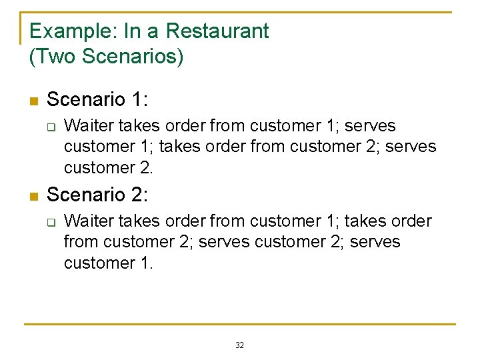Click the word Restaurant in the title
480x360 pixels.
pos(217,31)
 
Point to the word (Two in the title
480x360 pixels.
pos(53,57)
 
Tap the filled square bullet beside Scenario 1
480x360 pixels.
pos(34,101)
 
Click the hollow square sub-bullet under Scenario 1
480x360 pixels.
pos(49,127)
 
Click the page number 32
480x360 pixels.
pos(240,345)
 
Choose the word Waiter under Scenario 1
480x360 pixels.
pos(89,125)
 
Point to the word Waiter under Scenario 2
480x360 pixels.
pos(89,221)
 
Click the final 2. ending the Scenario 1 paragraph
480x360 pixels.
pos(146,167)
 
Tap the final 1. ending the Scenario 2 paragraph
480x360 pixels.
pos(146,263)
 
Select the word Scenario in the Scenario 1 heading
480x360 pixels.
pos(86,99)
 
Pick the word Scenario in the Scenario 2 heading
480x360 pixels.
pos(86,195)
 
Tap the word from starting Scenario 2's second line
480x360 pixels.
pos(81,241)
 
